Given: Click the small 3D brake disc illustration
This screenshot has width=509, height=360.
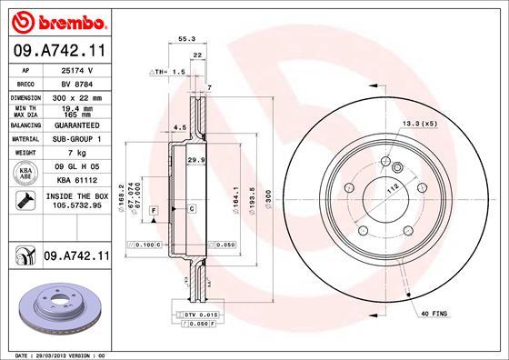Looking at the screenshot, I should coord(55,308).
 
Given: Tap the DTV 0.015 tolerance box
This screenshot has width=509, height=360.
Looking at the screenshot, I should coord(190,313).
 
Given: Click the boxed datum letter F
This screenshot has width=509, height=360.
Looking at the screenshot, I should coord(155,210).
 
